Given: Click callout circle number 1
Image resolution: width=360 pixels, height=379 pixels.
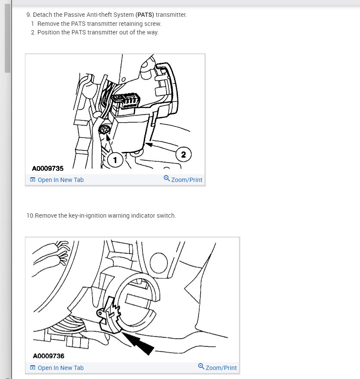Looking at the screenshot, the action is (115, 160).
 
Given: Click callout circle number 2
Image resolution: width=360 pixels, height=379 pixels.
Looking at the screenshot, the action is (183, 154).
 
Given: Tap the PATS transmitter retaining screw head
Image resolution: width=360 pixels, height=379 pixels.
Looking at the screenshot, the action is (105, 130).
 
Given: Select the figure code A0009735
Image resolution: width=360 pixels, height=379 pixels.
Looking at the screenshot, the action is (48, 168).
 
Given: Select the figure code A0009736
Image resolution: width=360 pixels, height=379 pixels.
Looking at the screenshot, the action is (49, 356).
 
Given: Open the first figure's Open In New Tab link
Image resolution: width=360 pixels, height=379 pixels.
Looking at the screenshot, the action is (57, 180).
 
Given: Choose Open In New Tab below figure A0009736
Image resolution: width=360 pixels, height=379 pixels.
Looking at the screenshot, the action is (57, 368).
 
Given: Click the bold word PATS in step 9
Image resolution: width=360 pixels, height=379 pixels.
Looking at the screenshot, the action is (145, 15).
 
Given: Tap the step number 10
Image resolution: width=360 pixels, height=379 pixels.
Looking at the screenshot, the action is (31, 216).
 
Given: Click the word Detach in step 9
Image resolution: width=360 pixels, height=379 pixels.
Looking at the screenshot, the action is (43, 15).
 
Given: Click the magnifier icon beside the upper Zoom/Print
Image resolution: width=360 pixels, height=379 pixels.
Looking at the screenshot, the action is (167, 179).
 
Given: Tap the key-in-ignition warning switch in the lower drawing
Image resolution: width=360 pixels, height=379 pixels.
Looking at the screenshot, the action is (109, 314).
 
